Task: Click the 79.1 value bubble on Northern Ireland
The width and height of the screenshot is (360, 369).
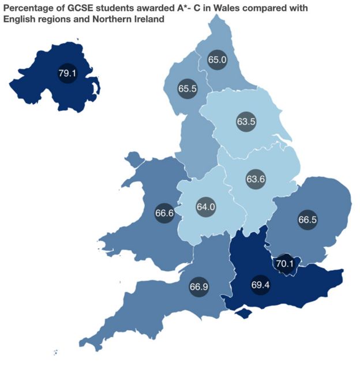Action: pyautogui.click(x=66, y=73)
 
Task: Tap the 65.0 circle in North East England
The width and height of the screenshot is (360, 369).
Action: pyautogui.click(x=217, y=59)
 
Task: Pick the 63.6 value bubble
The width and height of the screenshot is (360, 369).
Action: pyautogui.click(x=255, y=179)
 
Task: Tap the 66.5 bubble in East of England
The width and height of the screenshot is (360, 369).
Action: pyautogui.click(x=307, y=220)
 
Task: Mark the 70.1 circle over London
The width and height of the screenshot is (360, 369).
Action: pyautogui.click(x=284, y=264)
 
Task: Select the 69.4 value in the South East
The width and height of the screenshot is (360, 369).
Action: pyautogui.click(x=261, y=285)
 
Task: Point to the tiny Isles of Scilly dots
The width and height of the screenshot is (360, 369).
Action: pyautogui.click(x=55, y=352)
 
